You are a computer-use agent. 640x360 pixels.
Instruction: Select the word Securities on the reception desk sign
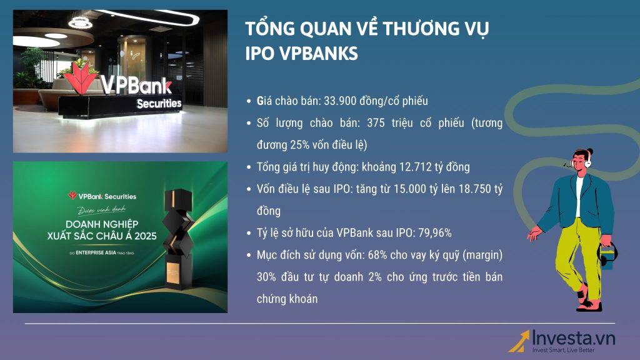[159, 103]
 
